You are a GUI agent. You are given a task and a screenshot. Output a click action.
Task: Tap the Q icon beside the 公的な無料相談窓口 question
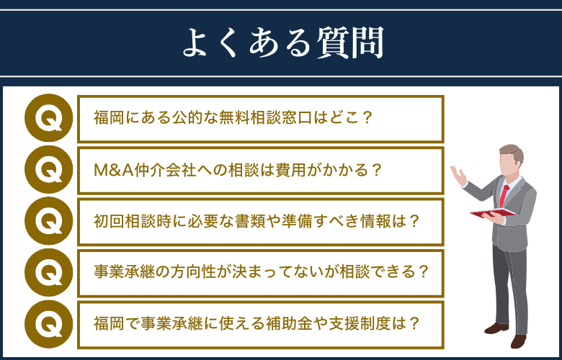coord(49,118)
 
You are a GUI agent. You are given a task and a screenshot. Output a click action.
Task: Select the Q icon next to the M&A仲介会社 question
coord(49,170)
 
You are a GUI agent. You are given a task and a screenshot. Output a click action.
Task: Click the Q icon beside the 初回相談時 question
coord(49,221)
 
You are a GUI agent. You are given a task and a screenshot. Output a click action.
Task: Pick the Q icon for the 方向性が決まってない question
coord(49,272)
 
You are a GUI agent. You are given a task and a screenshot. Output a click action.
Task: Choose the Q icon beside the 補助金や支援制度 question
coord(49,323)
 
